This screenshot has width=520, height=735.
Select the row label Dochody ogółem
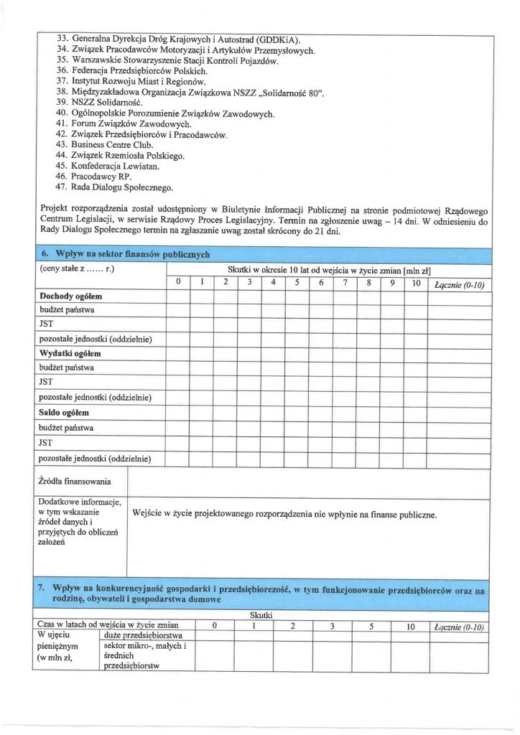(70, 296)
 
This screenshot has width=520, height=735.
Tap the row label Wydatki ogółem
(70, 353)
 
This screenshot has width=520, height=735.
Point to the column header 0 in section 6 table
(177, 283)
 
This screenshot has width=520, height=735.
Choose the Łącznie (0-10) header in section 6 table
(460, 285)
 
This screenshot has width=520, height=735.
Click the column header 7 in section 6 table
(345, 283)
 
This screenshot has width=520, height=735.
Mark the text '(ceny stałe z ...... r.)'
(77, 268)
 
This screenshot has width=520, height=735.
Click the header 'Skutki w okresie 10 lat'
(323, 268)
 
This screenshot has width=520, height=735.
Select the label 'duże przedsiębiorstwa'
(143, 635)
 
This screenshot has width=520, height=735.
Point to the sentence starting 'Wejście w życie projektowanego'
(285, 515)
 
